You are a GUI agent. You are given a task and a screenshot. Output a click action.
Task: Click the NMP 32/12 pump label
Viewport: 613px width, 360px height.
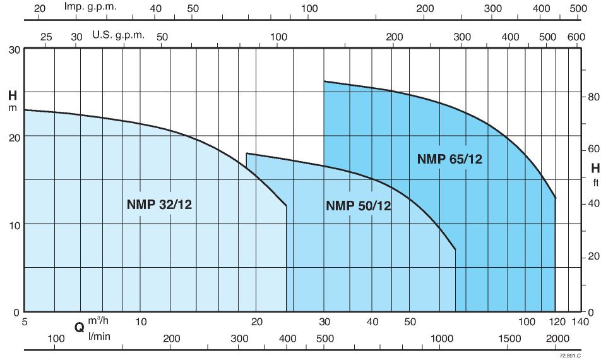[159, 204]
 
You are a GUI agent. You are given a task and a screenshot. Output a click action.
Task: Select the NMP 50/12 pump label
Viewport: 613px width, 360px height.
[358, 205]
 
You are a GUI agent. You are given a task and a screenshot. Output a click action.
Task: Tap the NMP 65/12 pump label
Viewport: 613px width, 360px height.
[449, 159]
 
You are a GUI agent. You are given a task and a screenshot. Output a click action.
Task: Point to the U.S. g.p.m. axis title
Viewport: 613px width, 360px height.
[119, 35]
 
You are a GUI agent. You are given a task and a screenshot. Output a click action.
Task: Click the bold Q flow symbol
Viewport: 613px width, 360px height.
[80, 328]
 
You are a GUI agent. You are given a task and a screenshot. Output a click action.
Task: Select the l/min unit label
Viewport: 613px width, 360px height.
[100, 335]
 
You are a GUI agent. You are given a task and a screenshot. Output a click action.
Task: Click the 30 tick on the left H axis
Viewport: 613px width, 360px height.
[14, 49]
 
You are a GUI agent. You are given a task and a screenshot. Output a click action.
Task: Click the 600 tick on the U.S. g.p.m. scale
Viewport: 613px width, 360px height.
[576, 37]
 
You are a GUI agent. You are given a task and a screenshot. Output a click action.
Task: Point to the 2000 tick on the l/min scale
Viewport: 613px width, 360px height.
[556, 339]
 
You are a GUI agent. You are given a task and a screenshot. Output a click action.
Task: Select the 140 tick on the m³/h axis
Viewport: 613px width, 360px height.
[580, 321]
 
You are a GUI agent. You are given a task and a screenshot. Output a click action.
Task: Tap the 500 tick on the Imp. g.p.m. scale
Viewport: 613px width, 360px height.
[578, 8]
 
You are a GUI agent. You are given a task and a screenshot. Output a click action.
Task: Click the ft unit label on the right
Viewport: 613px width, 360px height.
[595, 184]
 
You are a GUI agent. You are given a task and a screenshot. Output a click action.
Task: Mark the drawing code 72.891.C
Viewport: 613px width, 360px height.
[569, 356]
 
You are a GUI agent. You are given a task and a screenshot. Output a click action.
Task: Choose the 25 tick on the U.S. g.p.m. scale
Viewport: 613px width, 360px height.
[46, 37]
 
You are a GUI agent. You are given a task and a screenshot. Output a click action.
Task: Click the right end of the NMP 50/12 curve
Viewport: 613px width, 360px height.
[455, 250]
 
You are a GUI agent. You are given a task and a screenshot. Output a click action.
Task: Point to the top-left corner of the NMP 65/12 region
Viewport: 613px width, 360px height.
[324, 81]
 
